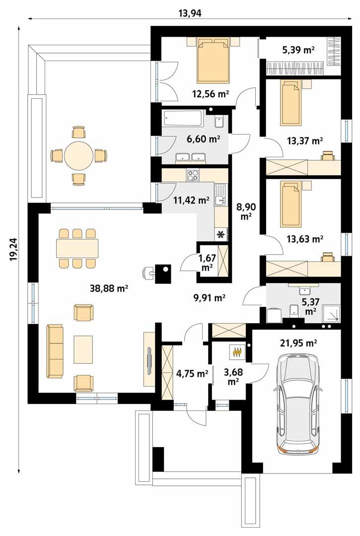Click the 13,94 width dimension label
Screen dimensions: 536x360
click(189, 13)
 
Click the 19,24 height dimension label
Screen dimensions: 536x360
click(13, 249)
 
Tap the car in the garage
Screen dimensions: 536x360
click(296, 403)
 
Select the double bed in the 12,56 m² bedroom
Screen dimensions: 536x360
click(214, 62)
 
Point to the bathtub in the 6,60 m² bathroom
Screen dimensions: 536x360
click(183, 119)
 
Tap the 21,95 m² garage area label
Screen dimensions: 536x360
click(300, 342)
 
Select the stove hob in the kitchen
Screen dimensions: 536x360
click(193, 175)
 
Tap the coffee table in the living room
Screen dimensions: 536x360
click(83, 349)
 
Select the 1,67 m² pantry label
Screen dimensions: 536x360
click(207, 262)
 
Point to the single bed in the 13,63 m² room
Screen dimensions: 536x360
click(290, 203)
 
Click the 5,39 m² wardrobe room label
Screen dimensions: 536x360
click(299, 50)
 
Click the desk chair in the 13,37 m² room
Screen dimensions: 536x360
click(327, 156)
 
